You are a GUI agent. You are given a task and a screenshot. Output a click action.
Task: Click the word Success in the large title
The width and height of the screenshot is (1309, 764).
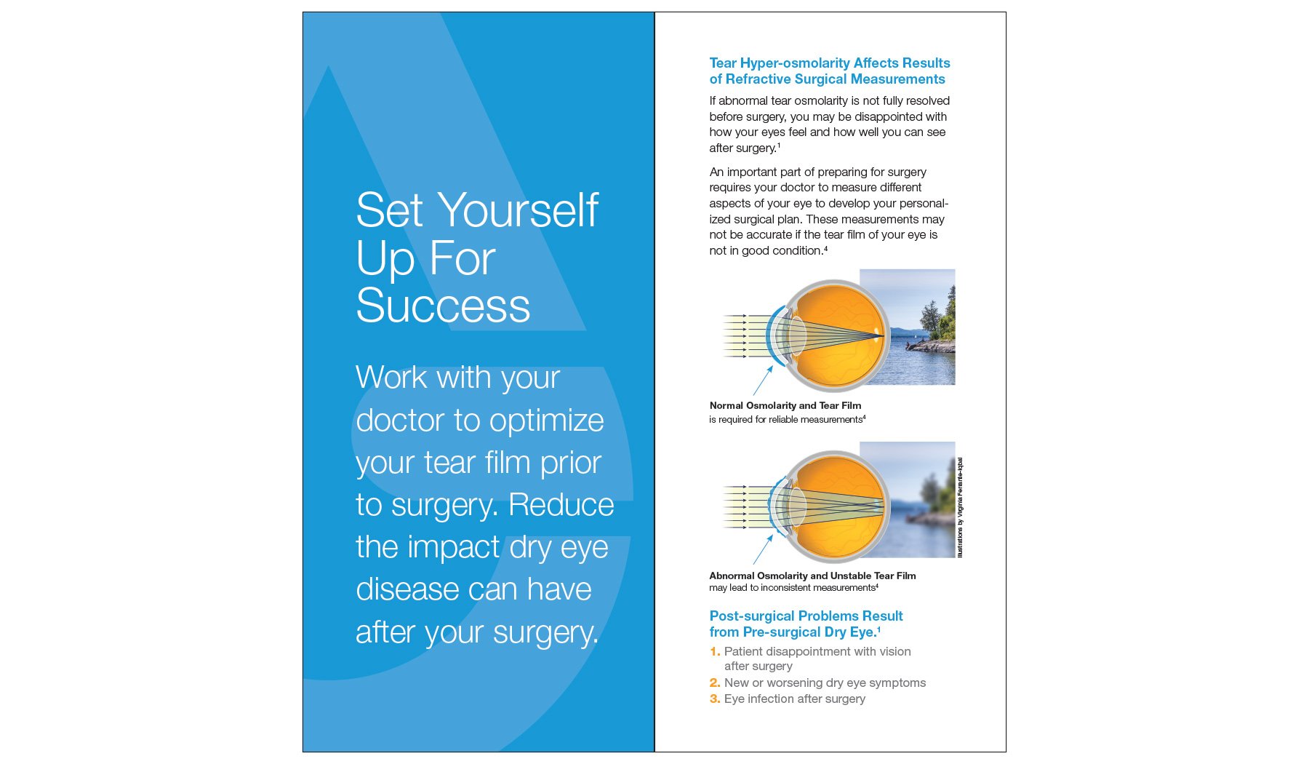443,306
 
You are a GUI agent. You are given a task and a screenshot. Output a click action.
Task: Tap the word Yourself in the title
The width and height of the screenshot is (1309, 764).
519,211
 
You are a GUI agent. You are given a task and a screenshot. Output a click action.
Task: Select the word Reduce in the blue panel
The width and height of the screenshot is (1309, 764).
561,505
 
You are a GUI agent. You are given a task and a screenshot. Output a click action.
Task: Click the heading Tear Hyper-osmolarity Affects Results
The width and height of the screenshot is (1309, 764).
829,63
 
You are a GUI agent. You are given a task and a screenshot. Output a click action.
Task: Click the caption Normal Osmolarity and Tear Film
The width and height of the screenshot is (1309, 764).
785,406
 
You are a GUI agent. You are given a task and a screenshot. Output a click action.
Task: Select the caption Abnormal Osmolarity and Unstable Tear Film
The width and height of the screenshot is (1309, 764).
812,576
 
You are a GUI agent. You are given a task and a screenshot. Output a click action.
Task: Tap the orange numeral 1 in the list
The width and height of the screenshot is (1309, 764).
714,652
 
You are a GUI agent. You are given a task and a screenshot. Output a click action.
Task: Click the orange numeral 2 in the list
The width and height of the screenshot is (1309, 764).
714,683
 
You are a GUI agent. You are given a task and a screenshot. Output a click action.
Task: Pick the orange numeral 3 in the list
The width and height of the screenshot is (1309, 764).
714,699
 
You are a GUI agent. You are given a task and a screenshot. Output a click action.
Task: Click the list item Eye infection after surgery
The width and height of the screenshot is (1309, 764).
794,699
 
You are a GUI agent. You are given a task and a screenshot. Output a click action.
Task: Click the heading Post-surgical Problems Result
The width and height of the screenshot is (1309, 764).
806,616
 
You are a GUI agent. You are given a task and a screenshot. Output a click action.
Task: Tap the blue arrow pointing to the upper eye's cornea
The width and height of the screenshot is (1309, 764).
763,381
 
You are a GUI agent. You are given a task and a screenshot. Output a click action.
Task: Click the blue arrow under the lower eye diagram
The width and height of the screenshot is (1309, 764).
763,550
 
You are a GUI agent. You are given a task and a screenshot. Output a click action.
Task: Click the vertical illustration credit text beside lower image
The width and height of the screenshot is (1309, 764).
960,507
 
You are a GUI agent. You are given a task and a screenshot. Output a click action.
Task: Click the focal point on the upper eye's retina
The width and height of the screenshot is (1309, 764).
879,335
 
